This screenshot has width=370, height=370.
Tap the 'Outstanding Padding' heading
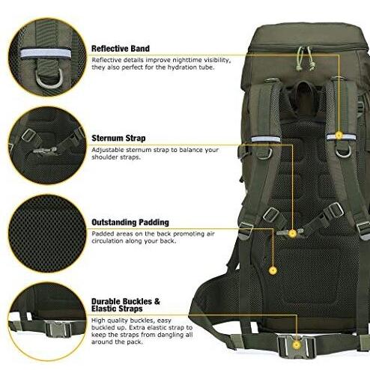tap(130, 222)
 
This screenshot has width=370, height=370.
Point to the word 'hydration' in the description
tap(175, 67)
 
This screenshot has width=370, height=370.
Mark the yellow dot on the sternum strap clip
tap(291, 233)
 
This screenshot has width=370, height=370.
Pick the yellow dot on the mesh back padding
tap(273, 270)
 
